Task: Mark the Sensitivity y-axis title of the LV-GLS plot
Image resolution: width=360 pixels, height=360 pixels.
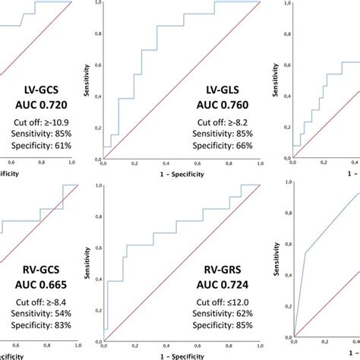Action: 87,80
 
